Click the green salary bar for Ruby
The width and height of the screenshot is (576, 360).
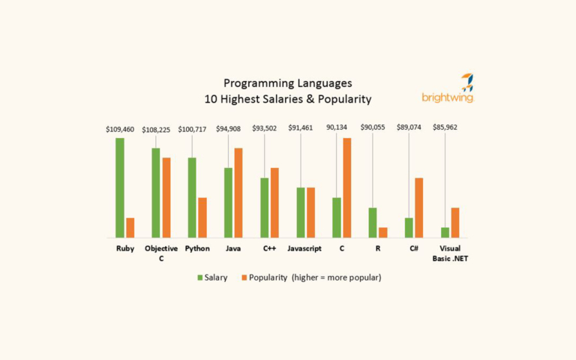120,187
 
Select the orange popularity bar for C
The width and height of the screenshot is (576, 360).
346,187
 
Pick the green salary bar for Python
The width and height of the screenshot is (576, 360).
192,197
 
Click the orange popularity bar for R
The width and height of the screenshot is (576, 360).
382,232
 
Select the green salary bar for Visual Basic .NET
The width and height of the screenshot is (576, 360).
445,232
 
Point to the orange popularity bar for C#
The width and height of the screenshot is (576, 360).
418,208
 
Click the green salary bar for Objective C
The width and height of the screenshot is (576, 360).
156,193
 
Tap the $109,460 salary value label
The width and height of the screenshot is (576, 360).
120,129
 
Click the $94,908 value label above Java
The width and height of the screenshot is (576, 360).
228,128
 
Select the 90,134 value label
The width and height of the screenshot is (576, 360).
337,127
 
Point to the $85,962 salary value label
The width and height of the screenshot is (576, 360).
445,127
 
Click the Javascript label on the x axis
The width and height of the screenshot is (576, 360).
304,248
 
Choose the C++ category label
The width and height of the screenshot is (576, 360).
269,248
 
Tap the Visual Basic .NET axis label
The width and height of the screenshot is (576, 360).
450,253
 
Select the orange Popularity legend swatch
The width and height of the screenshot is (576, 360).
244,277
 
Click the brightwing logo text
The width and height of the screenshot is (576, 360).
447,97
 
